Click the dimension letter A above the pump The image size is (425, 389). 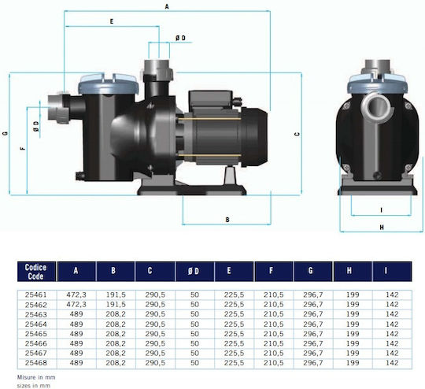click(167, 6)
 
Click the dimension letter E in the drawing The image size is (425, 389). click(112, 21)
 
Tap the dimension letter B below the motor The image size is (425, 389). click(227, 220)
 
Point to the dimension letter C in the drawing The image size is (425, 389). click(297, 134)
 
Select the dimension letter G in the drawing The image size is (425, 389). click(6, 133)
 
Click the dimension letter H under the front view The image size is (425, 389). click(382, 228)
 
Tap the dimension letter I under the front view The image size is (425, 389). click(382, 210)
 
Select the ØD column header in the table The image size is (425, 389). click(194, 271)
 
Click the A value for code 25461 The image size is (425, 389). click(76, 295)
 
